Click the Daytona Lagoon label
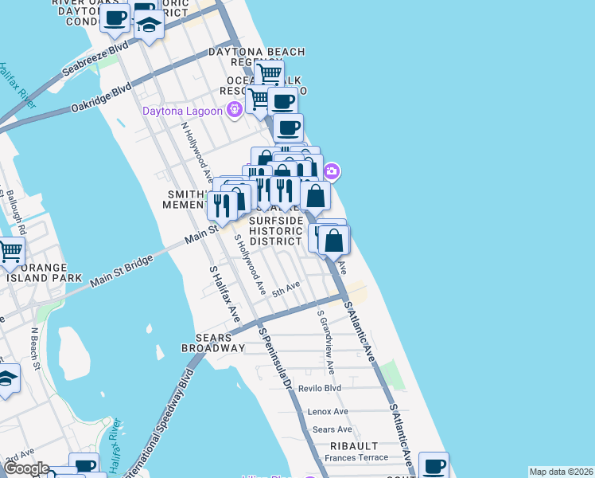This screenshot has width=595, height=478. pyautogui.click(x=182, y=111)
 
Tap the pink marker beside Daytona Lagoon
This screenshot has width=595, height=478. pyautogui.click(x=234, y=110)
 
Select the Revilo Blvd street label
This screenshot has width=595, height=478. pyautogui.click(x=319, y=389)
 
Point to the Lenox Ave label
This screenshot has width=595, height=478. pyautogui.click(x=329, y=411)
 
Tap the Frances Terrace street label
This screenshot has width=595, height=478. pyautogui.click(x=356, y=457)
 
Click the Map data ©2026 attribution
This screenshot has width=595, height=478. pyautogui.click(x=561, y=472)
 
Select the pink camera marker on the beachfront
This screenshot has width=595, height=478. pyautogui.click(x=332, y=170)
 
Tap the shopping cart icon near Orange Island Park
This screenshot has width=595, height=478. pyautogui.click(x=10, y=252)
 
